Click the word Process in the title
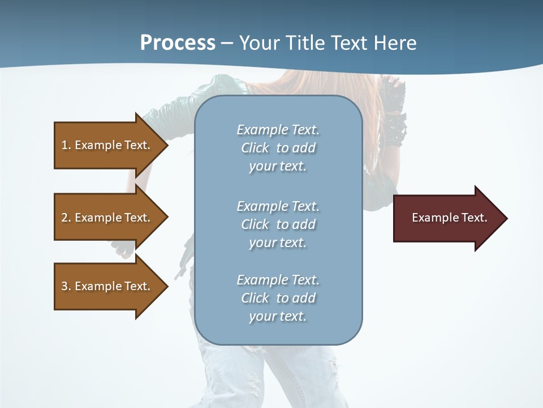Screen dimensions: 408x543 (178, 43)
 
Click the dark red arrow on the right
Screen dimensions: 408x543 (447, 218)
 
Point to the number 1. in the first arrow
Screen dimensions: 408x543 (66, 145)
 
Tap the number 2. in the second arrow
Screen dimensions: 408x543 (66, 218)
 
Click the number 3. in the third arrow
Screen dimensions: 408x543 (66, 286)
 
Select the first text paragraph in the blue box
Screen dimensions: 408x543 (278, 148)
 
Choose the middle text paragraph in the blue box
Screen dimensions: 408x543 (278, 224)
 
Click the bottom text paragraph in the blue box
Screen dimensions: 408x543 (278, 298)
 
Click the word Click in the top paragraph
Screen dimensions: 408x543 (255, 148)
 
